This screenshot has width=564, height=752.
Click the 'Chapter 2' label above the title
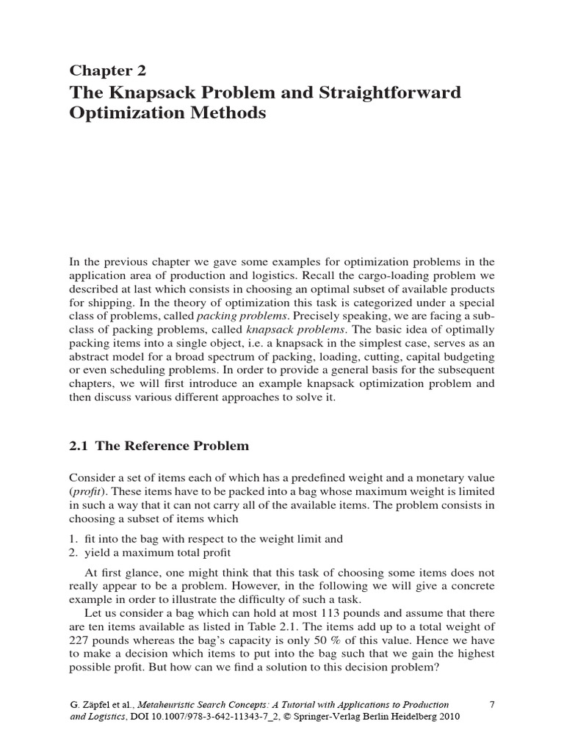[x=107, y=70]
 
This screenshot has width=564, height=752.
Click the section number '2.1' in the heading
[x=79, y=446]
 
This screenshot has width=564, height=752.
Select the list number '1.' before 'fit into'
[x=74, y=539]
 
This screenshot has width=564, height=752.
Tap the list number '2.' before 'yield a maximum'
[x=74, y=552]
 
